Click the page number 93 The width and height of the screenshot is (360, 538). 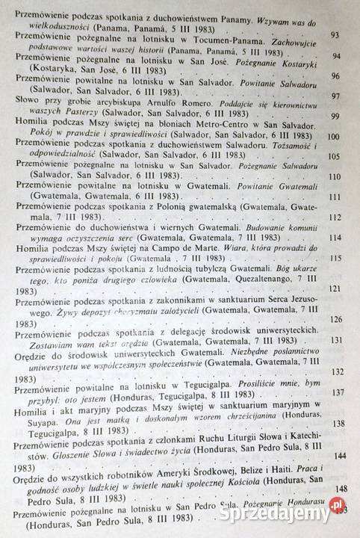click(335, 34)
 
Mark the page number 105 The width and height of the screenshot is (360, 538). click(334, 157)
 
